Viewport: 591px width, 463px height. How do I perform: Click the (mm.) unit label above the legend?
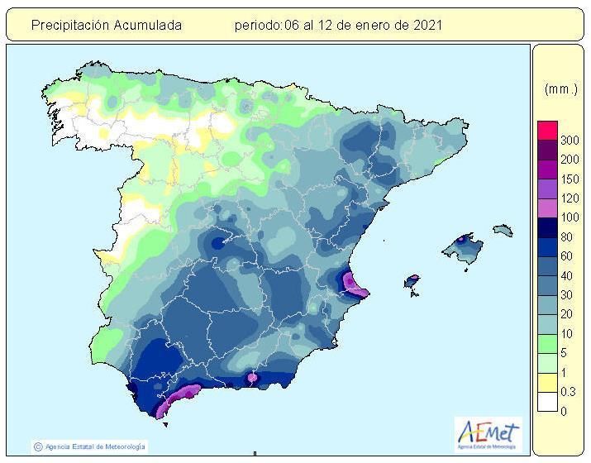coord(560,88)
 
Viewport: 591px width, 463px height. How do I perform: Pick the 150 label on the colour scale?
coord(569,179)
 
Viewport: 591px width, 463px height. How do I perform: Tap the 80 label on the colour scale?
coord(567,237)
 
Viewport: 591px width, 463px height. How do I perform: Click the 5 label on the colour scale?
coord(564,353)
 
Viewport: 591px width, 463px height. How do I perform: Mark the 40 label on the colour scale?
coord(567,276)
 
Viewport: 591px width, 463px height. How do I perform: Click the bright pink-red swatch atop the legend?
coord(547,131)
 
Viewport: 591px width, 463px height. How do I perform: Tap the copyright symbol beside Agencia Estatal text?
coord(37,446)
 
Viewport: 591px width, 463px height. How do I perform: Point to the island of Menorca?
coord(503,229)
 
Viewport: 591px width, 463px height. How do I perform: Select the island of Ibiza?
coord(412,283)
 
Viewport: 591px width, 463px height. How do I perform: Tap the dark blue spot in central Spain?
coord(217,243)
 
